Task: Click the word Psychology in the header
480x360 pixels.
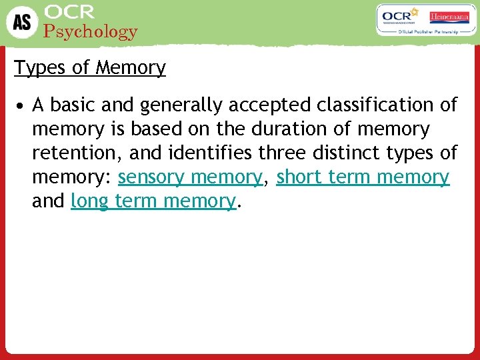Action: pyautogui.click(x=91, y=31)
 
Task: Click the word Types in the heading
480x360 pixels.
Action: pyautogui.click(x=37, y=68)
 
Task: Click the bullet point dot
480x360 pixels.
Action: pyautogui.click(x=22, y=106)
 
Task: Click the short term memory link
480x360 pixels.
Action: pyautogui.click(x=363, y=177)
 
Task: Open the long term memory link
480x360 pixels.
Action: pyautogui.click(x=153, y=201)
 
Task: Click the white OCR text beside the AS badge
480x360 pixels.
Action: pyautogui.click(x=69, y=11)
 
